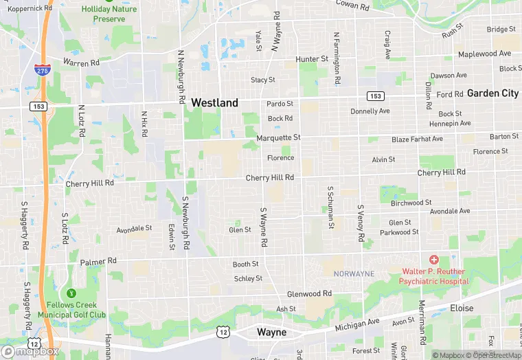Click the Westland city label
pos(214,102)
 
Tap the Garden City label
pos(492,93)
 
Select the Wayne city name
pos(271,332)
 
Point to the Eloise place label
pos(462,308)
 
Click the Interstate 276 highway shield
pos(42,69)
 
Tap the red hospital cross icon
pos(433,260)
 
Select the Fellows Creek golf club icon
pos(67,293)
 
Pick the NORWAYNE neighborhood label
pos(354,273)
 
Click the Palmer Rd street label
pos(98,262)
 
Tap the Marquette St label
pos(278,137)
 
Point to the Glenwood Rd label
pos(309,293)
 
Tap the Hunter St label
pos(313,60)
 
